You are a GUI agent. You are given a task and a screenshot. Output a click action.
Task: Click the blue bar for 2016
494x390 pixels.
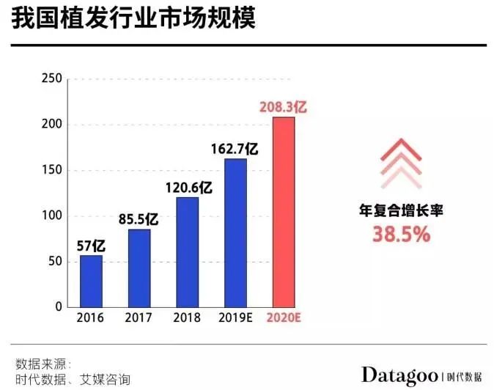click(x=91, y=281)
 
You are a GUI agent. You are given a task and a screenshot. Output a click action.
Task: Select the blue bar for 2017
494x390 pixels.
click(x=139, y=268)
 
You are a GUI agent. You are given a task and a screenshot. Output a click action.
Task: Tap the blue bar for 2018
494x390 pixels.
click(x=187, y=251)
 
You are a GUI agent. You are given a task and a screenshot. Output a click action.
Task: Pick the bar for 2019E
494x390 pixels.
click(x=235, y=232)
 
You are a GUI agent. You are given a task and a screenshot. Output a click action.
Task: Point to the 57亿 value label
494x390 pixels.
click(x=90, y=245)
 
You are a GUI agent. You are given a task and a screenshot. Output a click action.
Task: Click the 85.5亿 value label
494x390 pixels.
click(x=139, y=218)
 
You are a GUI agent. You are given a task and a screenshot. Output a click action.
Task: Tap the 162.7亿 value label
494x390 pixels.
click(x=235, y=148)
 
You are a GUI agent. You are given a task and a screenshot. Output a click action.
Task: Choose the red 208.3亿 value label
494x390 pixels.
click(x=283, y=107)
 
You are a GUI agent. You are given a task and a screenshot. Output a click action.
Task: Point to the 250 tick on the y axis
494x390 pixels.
click(x=51, y=79)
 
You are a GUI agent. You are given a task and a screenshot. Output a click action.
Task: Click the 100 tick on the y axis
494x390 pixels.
click(x=51, y=216)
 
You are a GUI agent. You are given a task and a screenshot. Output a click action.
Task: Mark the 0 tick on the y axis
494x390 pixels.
click(x=58, y=307)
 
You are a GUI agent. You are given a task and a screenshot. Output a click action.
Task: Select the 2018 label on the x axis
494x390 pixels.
click(x=187, y=318)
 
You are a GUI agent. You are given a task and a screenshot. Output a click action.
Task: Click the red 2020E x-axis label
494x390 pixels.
click(x=284, y=318)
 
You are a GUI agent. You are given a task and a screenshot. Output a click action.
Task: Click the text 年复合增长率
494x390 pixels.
click(x=400, y=211)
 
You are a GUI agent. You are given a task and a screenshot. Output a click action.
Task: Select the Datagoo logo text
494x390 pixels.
click(x=399, y=375)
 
